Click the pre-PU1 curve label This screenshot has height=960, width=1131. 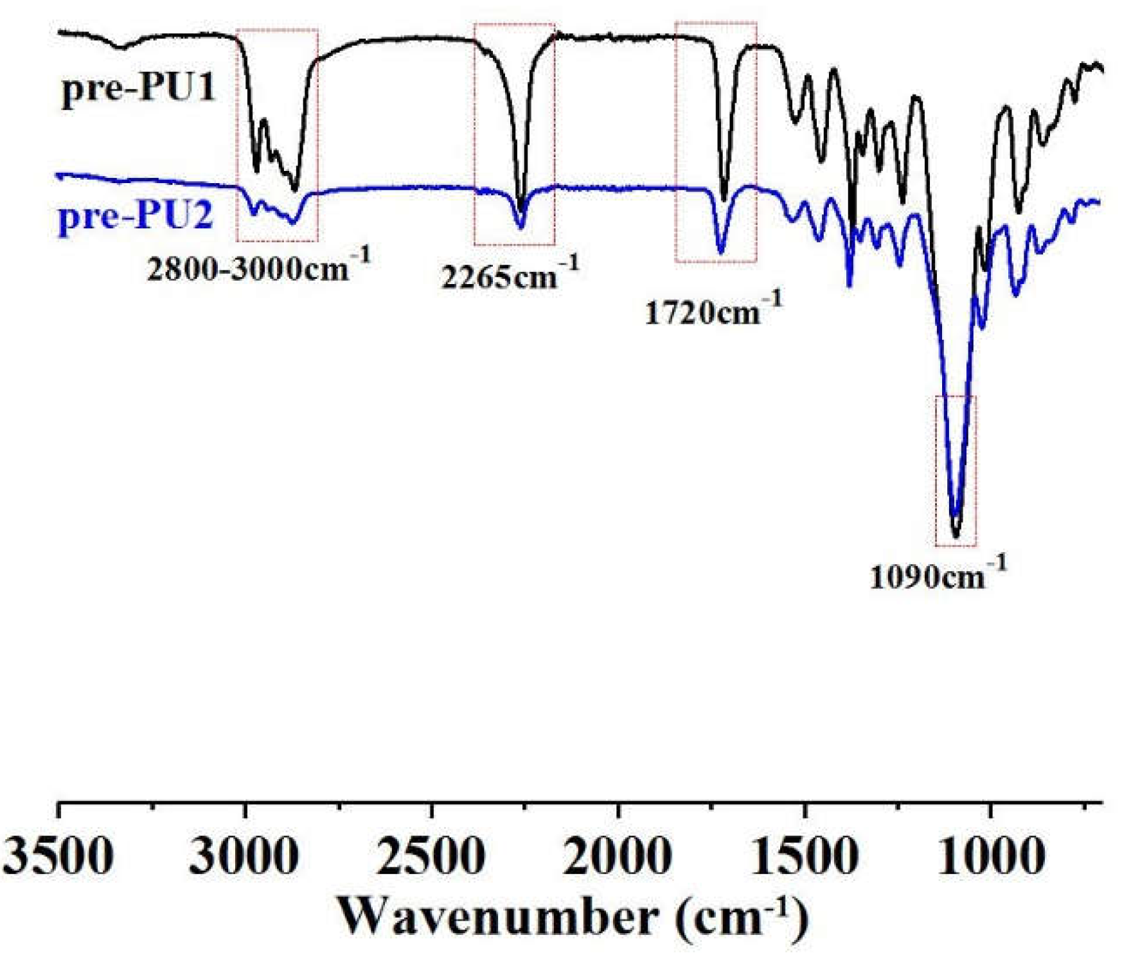point(138,89)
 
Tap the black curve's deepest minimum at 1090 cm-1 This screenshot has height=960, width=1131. point(956,535)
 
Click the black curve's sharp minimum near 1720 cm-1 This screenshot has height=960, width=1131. point(725,199)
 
